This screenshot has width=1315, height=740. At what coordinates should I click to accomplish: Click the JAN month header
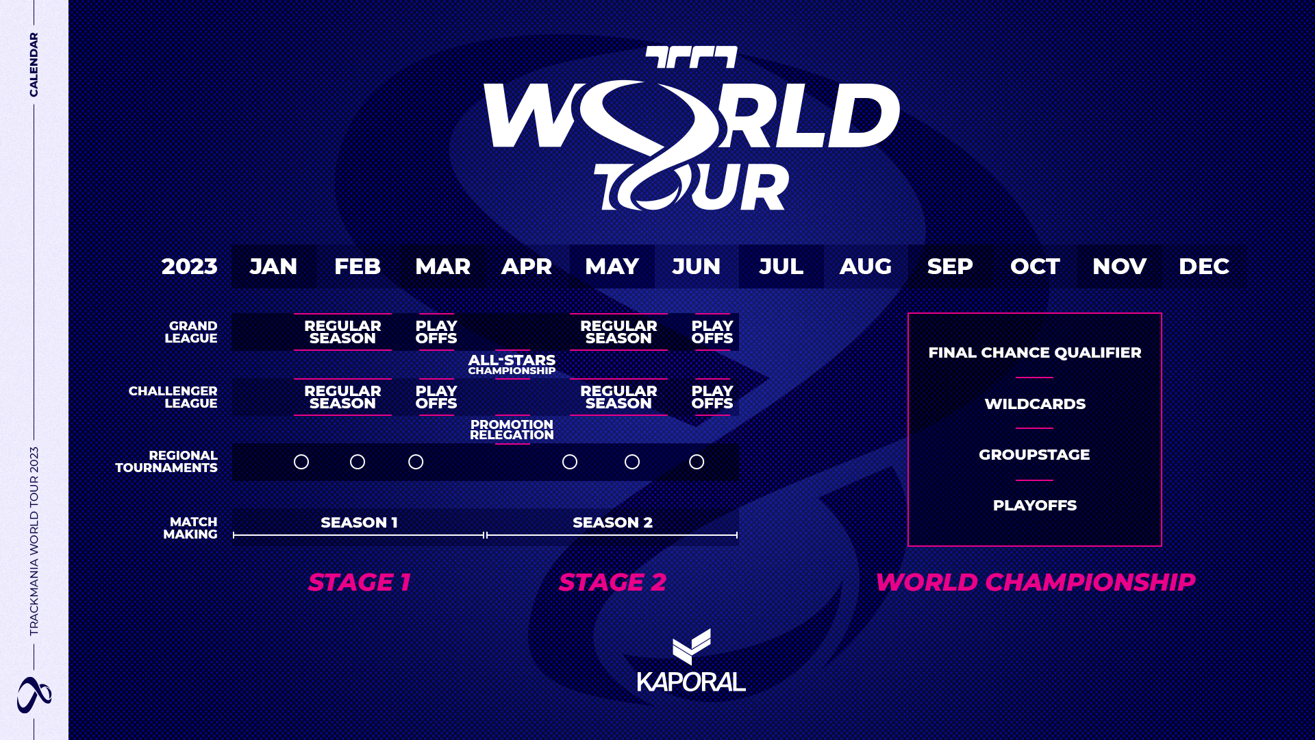pyautogui.click(x=273, y=267)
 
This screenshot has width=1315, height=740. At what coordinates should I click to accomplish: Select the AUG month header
pyautogui.click(x=866, y=267)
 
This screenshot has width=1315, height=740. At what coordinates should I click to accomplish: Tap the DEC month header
pyautogui.click(x=1204, y=267)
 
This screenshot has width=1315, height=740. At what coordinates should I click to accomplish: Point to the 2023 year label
pyautogui.click(x=189, y=267)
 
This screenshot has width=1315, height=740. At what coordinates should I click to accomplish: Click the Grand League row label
pyautogui.click(x=191, y=332)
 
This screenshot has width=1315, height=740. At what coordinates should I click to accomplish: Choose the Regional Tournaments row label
pyautogui.click(x=166, y=462)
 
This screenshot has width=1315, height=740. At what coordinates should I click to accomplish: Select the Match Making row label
pyautogui.click(x=190, y=528)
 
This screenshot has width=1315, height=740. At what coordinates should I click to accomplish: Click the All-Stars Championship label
pyautogui.click(x=512, y=365)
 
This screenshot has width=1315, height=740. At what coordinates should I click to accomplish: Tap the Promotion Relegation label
pyautogui.click(x=512, y=430)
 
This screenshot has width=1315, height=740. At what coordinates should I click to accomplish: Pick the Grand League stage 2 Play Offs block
pyautogui.click(x=712, y=332)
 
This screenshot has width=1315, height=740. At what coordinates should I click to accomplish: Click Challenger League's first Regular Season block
pyautogui.click(x=342, y=397)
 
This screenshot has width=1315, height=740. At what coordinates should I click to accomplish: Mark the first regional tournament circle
pyautogui.click(x=301, y=463)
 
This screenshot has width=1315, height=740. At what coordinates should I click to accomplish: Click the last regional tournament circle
pyautogui.click(x=697, y=463)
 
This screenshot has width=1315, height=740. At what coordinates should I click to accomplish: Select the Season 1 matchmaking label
pyautogui.click(x=359, y=523)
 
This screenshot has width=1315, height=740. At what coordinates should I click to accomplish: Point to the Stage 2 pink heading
pyautogui.click(x=613, y=582)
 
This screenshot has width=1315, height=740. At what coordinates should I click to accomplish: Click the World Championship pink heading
pyautogui.click(x=1036, y=582)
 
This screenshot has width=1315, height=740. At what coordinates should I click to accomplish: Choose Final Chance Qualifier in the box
pyautogui.click(x=1035, y=353)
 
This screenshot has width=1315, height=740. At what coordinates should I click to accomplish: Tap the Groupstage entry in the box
pyautogui.click(x=1034, y=455)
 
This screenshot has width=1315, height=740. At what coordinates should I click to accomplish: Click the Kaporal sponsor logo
pyautogui.click(x=691, y=661)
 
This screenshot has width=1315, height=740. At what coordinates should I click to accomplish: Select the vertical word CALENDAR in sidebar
pyautogui.click(x=34, y=64)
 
